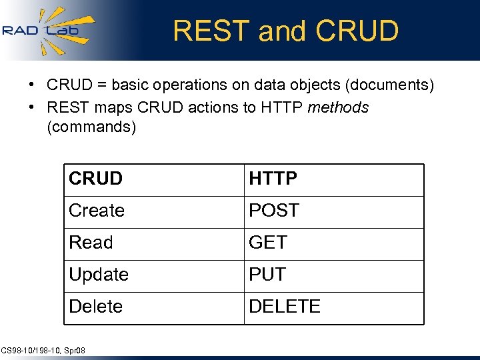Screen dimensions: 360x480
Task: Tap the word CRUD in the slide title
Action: coord(357,31)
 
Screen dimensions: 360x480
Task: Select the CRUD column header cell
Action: coord(154,179)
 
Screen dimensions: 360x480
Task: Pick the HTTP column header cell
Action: coord(333,179)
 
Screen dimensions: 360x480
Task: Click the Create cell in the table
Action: coord(154,211)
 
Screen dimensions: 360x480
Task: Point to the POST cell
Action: coord(333,211)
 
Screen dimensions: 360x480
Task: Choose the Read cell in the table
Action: coord(154,243)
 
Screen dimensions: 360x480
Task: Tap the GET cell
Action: coord(333,243)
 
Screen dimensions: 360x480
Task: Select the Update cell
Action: coord(154,275)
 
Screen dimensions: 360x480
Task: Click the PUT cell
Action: coord(333,275)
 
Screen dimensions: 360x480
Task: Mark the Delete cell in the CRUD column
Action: coord(154,307)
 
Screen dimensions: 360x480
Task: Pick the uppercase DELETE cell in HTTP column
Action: coord(333,307)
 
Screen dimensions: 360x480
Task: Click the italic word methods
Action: coord(338,107)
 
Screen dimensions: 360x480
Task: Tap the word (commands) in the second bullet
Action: coord(91,127)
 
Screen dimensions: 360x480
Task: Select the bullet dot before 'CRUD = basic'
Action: coord(32,86)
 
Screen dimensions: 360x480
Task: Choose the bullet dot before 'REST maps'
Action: coord(32,107)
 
